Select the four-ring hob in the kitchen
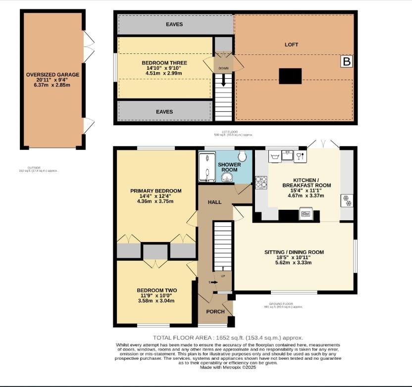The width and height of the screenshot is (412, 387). [x=261, y=182]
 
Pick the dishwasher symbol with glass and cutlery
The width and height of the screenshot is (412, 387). [x=299, y=157]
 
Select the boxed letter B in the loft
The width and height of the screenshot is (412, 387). [x=347, y=61]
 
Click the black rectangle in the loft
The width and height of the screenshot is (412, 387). [x=290, y=76]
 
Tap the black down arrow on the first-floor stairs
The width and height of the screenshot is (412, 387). [x=224, y=81]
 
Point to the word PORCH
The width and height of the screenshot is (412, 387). [x=216, y=312]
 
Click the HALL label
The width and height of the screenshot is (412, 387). [x=214, y=202]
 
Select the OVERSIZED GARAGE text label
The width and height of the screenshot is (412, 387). [x=52, y=75]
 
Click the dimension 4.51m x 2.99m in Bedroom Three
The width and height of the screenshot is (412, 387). [x=164, y=73]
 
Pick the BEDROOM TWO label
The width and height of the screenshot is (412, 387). [x=156, y=290]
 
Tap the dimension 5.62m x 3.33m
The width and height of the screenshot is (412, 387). [x=294, y=263]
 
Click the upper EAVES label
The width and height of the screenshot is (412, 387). [x=174, y=24]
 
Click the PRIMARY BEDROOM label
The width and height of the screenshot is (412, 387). [x=155, y=191]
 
